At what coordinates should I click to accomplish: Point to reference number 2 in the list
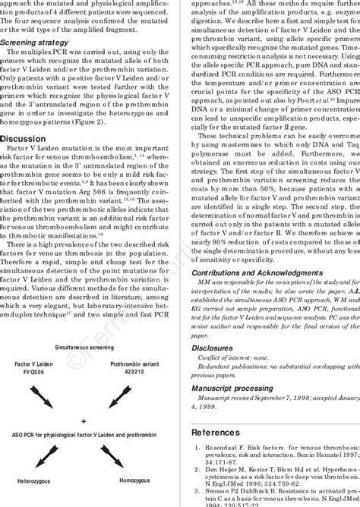(197, 470)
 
